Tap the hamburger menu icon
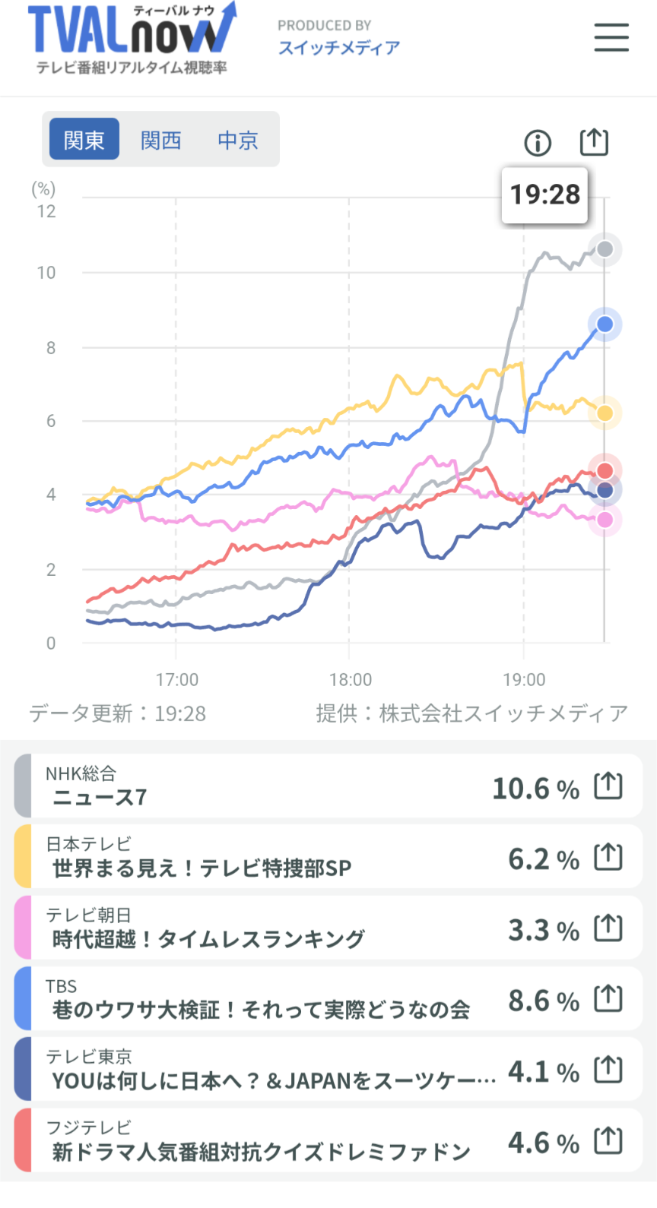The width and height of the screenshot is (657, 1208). [611, 37]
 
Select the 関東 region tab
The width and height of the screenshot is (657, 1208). [84, 140]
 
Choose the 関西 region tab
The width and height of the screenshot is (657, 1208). [161, 140]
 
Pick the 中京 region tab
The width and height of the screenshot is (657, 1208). [238, 140]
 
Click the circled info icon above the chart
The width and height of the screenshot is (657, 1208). [538, 142]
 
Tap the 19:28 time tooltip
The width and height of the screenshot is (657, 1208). [544, 195]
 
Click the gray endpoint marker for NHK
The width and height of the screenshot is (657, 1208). [605, 249]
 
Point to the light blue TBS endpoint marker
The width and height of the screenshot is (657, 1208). [605, 324]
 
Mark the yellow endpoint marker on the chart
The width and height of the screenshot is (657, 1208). [605, 413]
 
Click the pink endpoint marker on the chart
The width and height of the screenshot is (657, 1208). [605, 520]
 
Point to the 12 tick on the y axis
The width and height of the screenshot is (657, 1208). [46, 211]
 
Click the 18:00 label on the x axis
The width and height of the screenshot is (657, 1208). [351, 679]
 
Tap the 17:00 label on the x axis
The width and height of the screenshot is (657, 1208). [177, 679]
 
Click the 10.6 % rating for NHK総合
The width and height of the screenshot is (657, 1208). [535, 789]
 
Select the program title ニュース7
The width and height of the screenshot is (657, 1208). [100, 797]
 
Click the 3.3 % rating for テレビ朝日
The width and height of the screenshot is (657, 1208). [543, 930]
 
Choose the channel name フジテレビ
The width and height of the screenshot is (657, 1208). [89, 1127]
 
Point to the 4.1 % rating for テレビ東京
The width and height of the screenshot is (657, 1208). [543, 1072]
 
